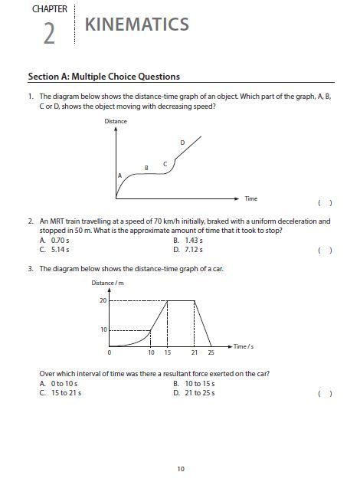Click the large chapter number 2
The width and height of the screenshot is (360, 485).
49,34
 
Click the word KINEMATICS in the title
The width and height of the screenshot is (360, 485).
136,25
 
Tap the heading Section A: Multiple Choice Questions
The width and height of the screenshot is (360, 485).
103,77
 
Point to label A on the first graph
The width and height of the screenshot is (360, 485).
119,175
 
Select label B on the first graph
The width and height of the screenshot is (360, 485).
146,167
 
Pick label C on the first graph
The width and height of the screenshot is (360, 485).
165,163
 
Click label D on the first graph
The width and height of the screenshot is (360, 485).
182,143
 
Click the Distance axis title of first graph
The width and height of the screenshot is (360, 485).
116,122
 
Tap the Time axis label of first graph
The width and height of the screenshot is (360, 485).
251,198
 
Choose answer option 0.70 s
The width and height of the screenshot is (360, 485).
55,240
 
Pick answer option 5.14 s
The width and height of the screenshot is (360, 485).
55,249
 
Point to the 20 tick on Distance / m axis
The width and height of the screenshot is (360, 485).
103,300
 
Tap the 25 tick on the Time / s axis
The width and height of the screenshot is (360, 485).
211,353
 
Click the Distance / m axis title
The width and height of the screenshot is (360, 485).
107,283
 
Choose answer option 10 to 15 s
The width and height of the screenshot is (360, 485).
195,383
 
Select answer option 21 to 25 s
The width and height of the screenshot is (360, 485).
195,393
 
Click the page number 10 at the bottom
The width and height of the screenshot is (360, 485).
180,468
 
